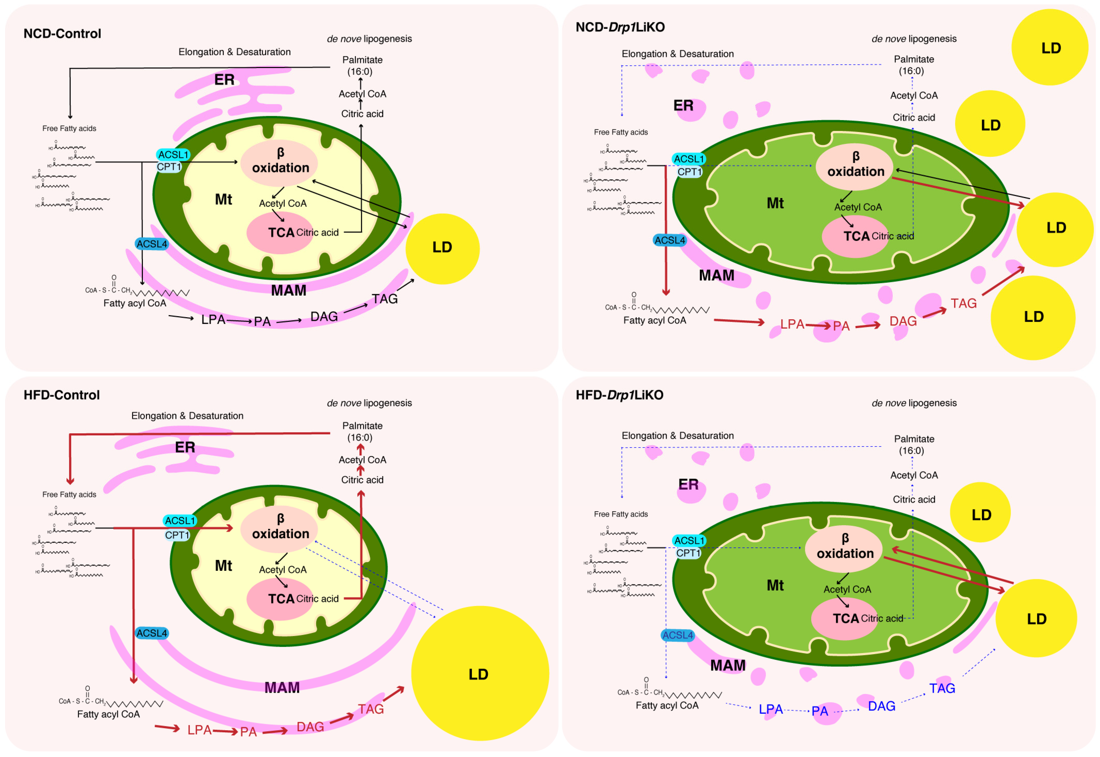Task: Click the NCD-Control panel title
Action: pyautogui.click(x=62, y=34)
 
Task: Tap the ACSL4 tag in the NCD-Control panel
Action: pyautogui.click(x=152, y=244)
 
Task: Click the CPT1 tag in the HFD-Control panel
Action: pyautogui.click(x=177, y=535)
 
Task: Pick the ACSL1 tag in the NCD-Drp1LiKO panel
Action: pyautogui.click(x=688, y=159)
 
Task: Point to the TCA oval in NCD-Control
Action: pyautogui.click(x=280, y=232)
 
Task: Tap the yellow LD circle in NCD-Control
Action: pyautogui.click(x=442, y=247)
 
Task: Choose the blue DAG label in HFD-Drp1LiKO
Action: pyautogui.click(x=881, y=706)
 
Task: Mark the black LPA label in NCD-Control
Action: pyautogui.click(x=213, y=320)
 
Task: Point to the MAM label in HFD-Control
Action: pyautogui.click(x=282, y=687)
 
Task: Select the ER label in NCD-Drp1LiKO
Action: pyautogui.click(x=683, y=105)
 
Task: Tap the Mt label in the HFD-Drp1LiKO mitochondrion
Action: pyautogui.click(x=775, y=585)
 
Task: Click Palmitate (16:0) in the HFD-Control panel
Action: pyautogui.click(x=362, y=432)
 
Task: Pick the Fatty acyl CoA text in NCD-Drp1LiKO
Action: pyautogui.click(x=654, y=321)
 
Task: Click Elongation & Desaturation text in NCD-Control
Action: pyautogui.click(x=234, y=52)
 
